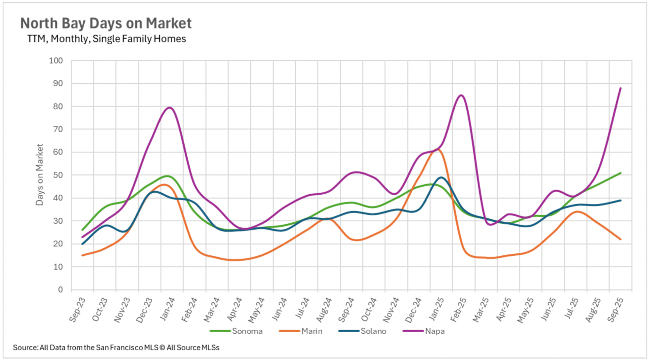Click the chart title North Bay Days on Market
[x=106, y=23]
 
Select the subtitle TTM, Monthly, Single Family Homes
[x=106, y=39]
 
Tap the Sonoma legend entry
[x=247, y=331]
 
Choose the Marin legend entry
[x=312, y=331]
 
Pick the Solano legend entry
[x=373, y=331]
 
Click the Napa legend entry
[x=435, y=331]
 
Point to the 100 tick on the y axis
[x=56, y=61]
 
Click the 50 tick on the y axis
[x=58, y=175]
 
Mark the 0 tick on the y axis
[x=60, y=289]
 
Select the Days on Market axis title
[x=39, y=174]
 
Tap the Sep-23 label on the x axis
[x=77, y=310]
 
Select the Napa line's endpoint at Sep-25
[x=620, y=88]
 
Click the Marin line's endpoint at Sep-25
[x=620, y=239]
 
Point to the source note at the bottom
[x=116, y=348]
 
